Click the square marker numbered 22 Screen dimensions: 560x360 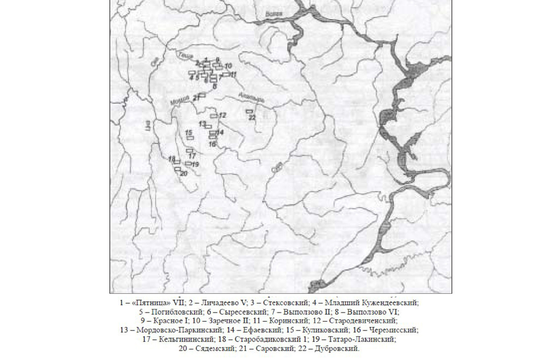click(x=249, y=112)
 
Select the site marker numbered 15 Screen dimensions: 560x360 click(x=190, y=138)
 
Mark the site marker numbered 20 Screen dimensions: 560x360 click(x=177, y=169)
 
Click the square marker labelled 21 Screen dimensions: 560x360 click(x=203, y=95)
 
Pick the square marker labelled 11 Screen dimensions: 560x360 click(x=225, y=74)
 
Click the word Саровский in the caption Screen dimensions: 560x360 click(x=273, y=349)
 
